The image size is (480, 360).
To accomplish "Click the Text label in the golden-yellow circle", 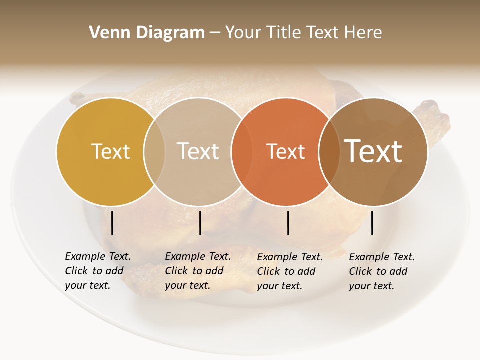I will (x=110, y=151).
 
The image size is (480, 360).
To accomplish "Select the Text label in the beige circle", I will (x=198, y=151).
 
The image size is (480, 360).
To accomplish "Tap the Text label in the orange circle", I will (x=285, y=151).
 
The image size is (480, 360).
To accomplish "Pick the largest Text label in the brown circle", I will (x=373, y=151).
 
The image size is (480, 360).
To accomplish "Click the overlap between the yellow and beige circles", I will (x=154, y=152).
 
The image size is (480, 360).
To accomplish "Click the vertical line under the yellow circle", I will (x=112, y=223).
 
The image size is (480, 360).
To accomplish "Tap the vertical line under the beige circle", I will (x=200, y=223).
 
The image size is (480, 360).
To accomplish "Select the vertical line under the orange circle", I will (x=288, y=223).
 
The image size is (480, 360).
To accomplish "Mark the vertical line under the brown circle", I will (x=372, y=223).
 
